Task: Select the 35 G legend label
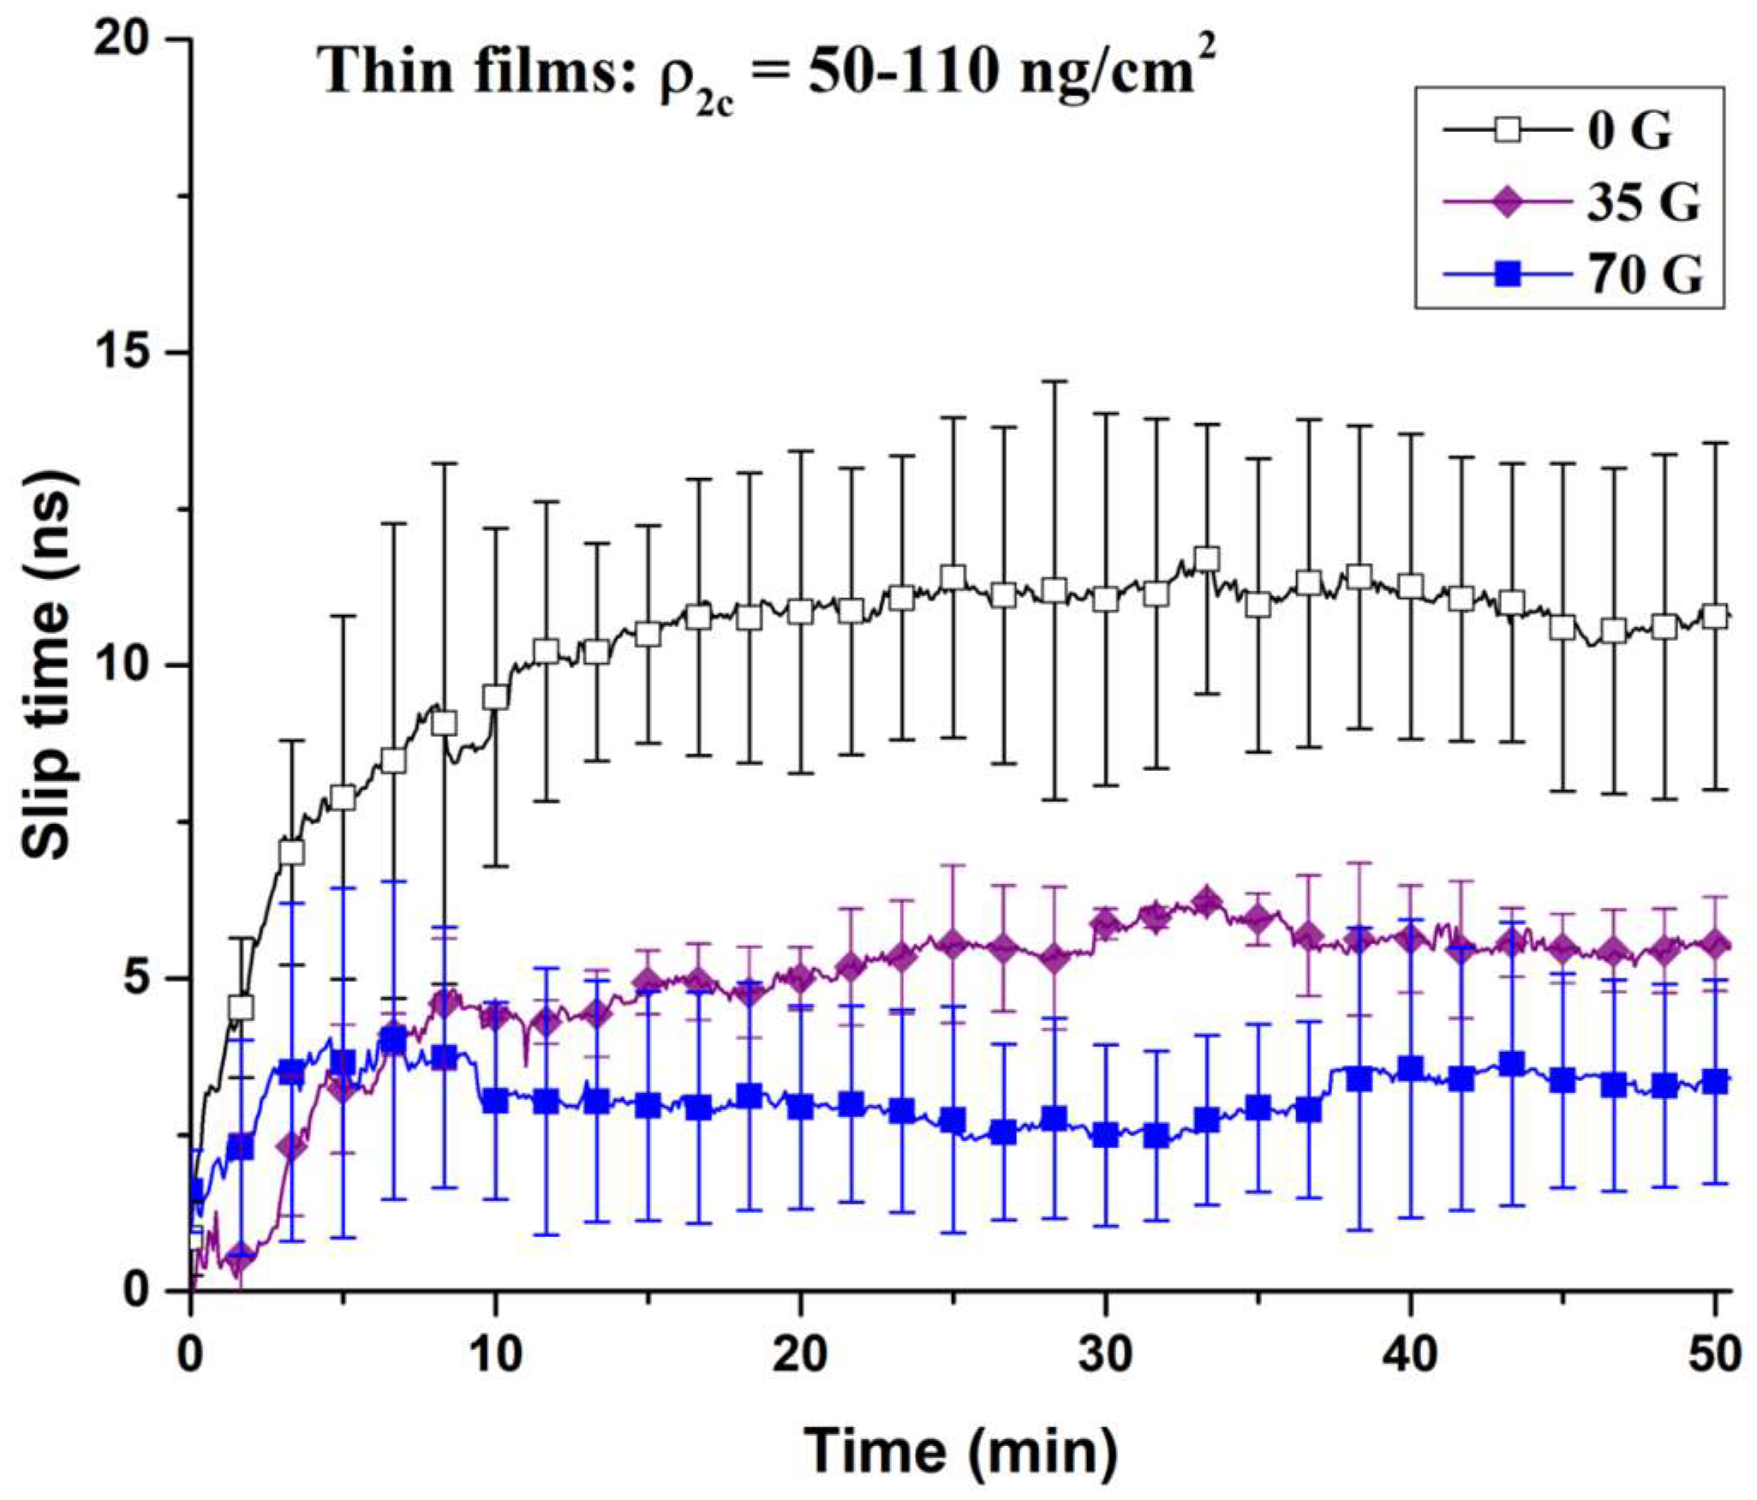pyautogui.click(x=1642, y=203)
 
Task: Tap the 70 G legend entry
pyautogui.click(x=1644, y=276)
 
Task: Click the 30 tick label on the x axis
pyautogui.click(x=1105, y=1356)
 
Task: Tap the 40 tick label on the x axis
pyautogui.click(x=1410, y=1356)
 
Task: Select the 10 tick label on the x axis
pyautogui.click(x=495, y=1356)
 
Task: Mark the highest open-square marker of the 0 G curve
pyautogui.click(x=1207, y=559)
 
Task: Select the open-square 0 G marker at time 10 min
pyautogui.click(x=495, y=697)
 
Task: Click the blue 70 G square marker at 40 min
pyautogui.click(x=1410, y=1068)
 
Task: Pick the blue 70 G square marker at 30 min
pyautogui.click(x=1105, y=1135)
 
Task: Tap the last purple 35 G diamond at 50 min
pyautogui.click(x=1715, y=944)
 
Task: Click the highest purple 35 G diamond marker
pyautogui.click(x=1207, y=901)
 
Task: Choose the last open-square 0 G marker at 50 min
pyautogui.click(x=1715, y=616)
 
